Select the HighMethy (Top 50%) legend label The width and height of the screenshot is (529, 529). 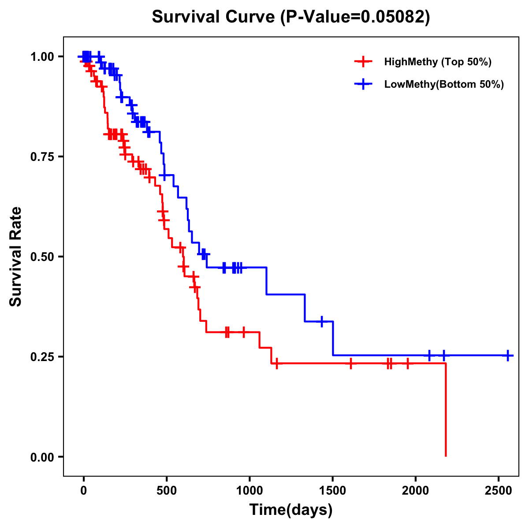(x=438, y=62)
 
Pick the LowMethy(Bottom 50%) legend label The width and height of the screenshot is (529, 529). (x=444, y=84)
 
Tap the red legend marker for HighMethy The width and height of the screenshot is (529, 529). (x=363, y=62)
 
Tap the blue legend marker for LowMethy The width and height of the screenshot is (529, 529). (x=363, y=84)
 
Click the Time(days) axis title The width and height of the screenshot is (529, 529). (x=291, y=510)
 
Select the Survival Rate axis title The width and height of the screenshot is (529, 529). (x=16, y=256)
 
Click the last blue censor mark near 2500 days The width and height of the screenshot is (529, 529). (x=508, y=355)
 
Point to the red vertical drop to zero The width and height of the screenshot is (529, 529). (x=446, y=410)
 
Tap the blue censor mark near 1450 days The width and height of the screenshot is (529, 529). (x=322, y=321)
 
